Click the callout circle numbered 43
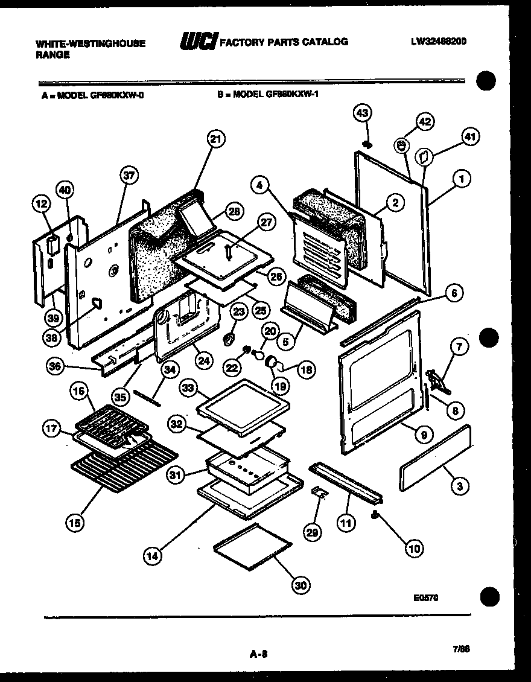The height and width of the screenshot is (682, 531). pyautogui.click(x=363, y=114)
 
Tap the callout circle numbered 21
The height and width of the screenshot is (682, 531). pyautogui.click(x=215, y=139)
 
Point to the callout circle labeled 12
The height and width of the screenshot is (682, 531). pyautogui.click(x=40, y=205)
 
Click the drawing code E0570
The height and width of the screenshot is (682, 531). pyautogui.click(x=426, y=598)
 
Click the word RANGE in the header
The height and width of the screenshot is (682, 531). pyautogui.click(x=53, y=54)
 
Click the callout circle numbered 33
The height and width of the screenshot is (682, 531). pyautogui.click(x=189, y=389)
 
